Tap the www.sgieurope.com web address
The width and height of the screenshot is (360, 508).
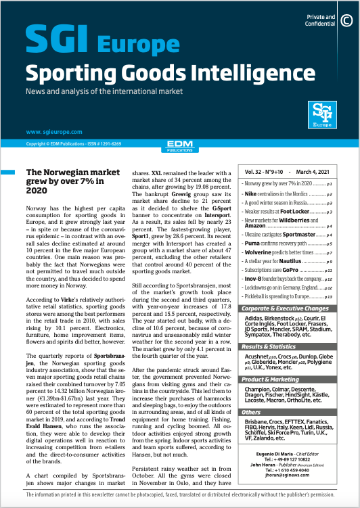(54, 132)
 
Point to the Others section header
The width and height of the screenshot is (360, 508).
(252, 412)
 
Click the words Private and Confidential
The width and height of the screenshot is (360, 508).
(321, 20)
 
